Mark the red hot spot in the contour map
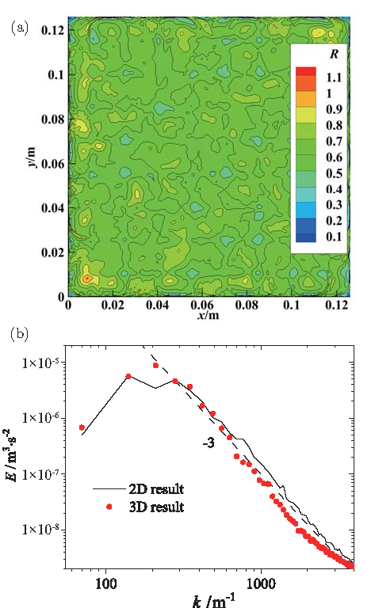point(86,279)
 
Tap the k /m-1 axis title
point(206,598)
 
